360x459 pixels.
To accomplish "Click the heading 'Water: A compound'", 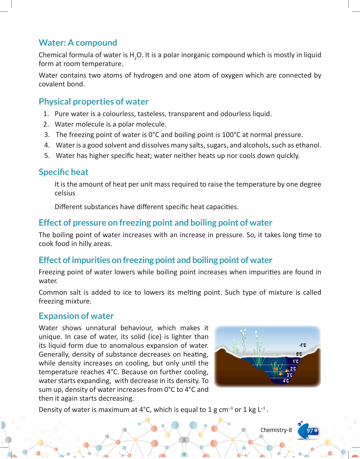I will (78, 43).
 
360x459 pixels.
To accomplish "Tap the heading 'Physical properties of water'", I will (94, 102).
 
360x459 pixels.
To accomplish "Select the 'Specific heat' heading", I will (64, 172).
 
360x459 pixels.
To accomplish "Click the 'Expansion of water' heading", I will (76, 316).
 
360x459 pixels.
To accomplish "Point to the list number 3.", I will (47, 135).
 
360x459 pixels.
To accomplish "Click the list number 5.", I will (47, 156).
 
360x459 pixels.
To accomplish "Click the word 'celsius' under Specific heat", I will (65, 193).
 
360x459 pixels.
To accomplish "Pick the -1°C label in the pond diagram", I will (303, 345).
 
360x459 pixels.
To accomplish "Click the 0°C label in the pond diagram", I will (299, 354).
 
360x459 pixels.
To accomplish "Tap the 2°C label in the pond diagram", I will (293, 369).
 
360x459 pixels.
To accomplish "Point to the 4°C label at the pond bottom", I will (286, 381).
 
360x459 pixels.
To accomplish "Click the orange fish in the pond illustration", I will (281, 374).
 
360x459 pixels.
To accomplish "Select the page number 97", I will (310, 431).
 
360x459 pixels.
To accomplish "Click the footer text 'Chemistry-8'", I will (276, 430).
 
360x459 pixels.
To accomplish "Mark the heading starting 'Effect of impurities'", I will (156, 260).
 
